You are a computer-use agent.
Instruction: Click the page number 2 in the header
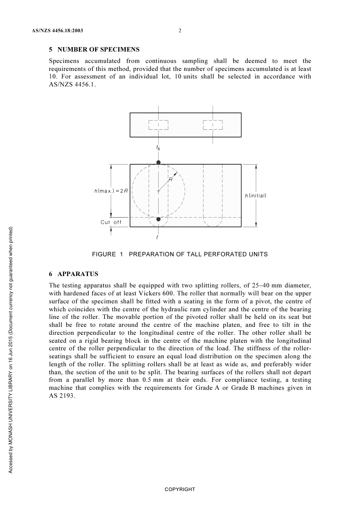tap(180, 31)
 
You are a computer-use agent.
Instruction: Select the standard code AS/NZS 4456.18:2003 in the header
tap(57, 31)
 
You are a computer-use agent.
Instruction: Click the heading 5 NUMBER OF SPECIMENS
tap(94, 50)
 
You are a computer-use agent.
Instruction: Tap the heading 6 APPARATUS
tap(74, 274)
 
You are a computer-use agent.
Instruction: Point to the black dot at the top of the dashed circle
tap(158, 163)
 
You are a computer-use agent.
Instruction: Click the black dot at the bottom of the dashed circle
tap(158, 219)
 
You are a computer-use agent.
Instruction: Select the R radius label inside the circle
tap(171, 180)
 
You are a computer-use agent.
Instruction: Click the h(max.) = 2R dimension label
tap(111, 191)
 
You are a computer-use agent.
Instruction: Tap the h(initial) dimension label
tap(255, 196)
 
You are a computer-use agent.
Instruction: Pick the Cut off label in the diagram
tap(111, 222)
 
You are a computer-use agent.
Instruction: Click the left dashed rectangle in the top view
tap(158, 125)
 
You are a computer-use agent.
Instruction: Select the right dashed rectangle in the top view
tap(213, 125)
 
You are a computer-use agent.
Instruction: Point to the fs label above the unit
tap(158, 148)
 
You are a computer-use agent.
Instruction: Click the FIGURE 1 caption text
tap(180, 254)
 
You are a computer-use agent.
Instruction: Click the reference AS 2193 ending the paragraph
tap(62, 396)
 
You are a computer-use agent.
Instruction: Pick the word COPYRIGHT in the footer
tap(180, 490)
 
